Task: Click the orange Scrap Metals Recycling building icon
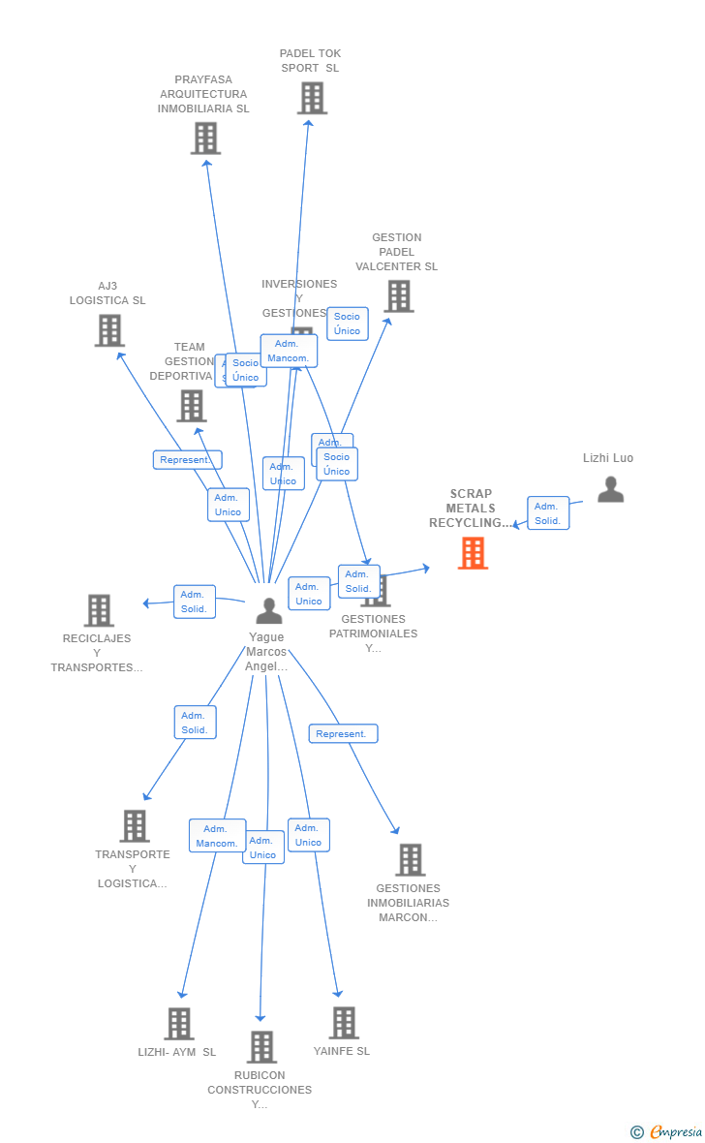(x=473, y=553)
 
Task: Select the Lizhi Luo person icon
(x=610, y=490)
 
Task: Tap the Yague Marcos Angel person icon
(x=268, y=611)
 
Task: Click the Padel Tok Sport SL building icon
(x=312, y=98)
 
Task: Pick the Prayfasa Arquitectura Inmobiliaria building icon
(x=205, y=139)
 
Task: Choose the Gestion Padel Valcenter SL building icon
(x=398, y=296)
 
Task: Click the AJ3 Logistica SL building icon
(x=109, y=330)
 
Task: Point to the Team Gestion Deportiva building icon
(x=192, y=406)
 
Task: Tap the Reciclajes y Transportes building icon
(x=99, y=610)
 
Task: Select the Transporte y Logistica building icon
(x=135, y=826)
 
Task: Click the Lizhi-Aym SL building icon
(x=178, y=1024)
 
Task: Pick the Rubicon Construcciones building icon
(x=261, y=1047)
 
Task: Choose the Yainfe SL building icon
(x=343, y=1023)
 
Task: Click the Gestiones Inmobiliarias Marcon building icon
(x=410, y=860)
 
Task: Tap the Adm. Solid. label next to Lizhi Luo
(x=548, y=513)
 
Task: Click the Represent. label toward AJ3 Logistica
(x=187, y=460)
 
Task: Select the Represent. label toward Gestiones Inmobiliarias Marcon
(x=343, y=734)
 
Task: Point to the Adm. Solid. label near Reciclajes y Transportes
(x=194, y=602)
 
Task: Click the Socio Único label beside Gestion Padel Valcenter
(x=347, y=324)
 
